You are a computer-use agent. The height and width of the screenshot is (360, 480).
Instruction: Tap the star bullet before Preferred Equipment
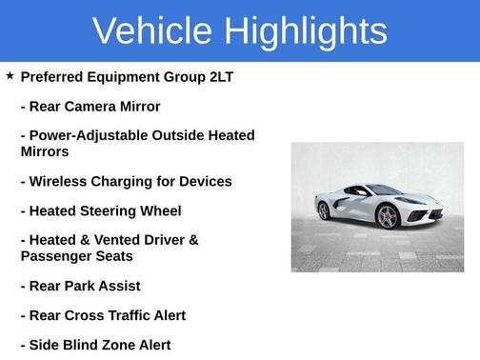pyautogui.click(x=10, y=75)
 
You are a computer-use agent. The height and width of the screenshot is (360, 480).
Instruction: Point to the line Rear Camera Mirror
pyautogui.click(x=90, y=107)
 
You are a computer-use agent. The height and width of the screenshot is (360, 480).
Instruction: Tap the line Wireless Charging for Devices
pyautogui.click(x=126, y=181)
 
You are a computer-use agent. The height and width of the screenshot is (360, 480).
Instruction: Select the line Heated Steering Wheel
pyautogui.click(x=100, y=210)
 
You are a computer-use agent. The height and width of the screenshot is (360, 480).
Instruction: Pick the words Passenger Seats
pyautogui.click(x=76, y=256)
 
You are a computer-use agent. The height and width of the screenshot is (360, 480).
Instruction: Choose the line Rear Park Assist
pyautogui.click(x=80, y=286)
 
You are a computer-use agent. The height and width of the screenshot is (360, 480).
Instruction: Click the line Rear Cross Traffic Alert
pyautogui.click(x=103, y=315)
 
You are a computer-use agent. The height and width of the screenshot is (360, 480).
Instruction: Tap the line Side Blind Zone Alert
pyautogui.click(x=95, y=345)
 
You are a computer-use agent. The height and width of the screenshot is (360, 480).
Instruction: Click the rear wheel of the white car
pyautogui.click(x=324, y=210)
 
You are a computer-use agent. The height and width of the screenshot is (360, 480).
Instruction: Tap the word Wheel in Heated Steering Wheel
pyautogui.click(x=159, y=210)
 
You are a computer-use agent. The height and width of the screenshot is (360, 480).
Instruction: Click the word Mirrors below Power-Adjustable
pyautogui.click(x=45, y=151)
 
